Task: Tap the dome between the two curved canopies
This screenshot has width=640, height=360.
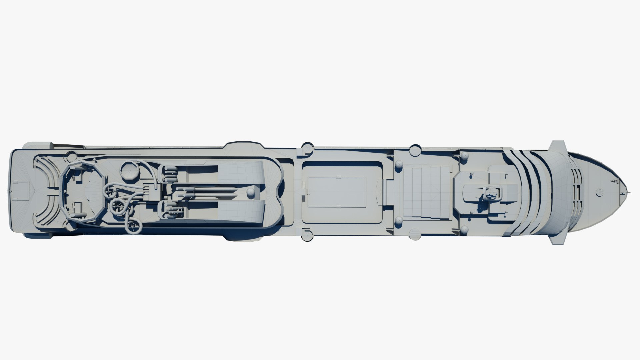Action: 250,192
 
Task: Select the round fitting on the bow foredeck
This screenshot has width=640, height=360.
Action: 599,192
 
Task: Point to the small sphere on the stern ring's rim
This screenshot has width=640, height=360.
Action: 71,154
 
